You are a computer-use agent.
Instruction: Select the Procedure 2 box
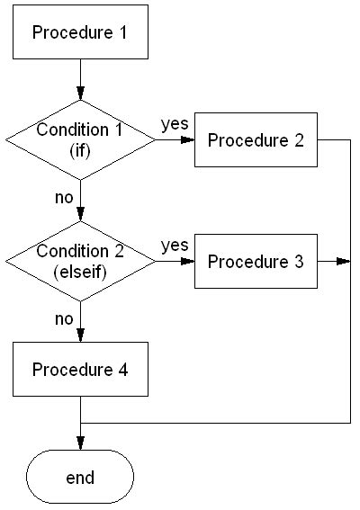coord(256,140)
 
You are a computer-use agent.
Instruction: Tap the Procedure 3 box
coord(256,262)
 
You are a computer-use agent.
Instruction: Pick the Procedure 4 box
coord(80,370)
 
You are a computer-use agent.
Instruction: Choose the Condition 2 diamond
coord(80,261)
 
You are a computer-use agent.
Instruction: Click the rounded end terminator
coord(80,477)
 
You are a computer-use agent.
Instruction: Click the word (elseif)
coord(80,271)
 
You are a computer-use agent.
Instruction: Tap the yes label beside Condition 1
coord(174,123)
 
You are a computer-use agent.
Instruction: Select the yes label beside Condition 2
coord(174,245)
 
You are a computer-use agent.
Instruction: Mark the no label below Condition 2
coord(63,318)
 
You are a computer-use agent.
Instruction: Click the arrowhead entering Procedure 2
coord(189,140)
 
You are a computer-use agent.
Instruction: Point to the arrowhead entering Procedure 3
coord(189,262)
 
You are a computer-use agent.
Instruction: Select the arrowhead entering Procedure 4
coord(80,337)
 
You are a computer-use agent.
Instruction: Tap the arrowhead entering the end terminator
coord(80,443)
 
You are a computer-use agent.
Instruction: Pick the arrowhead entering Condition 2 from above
coord(80,215)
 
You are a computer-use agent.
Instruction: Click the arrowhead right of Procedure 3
coord(342,262)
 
